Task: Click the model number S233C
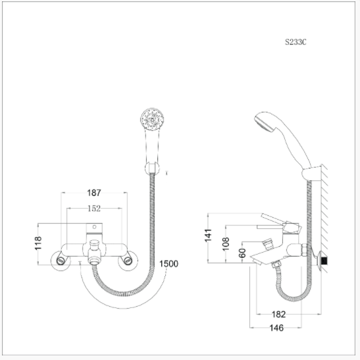(296, 42)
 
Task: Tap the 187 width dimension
(94, 193)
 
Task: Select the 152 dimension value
(94, 209)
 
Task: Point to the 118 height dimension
(38, 243)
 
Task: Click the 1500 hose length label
(168, 264)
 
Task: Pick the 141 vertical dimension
(208, 236)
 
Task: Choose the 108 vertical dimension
(226, 244)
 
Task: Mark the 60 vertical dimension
(242, 253)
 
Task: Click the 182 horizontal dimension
(279, 315)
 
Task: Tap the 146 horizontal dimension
(276, 328)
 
